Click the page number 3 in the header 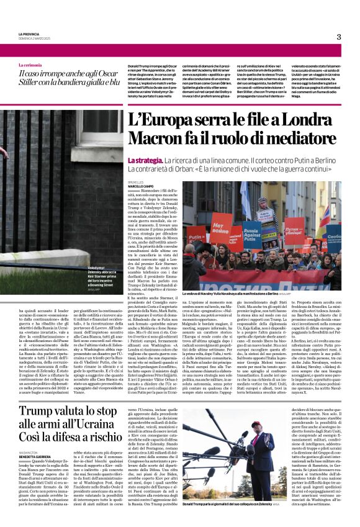pyautogui.click(x=338, y=37)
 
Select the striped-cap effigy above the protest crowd pyautogui.click(x=263, y=210)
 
